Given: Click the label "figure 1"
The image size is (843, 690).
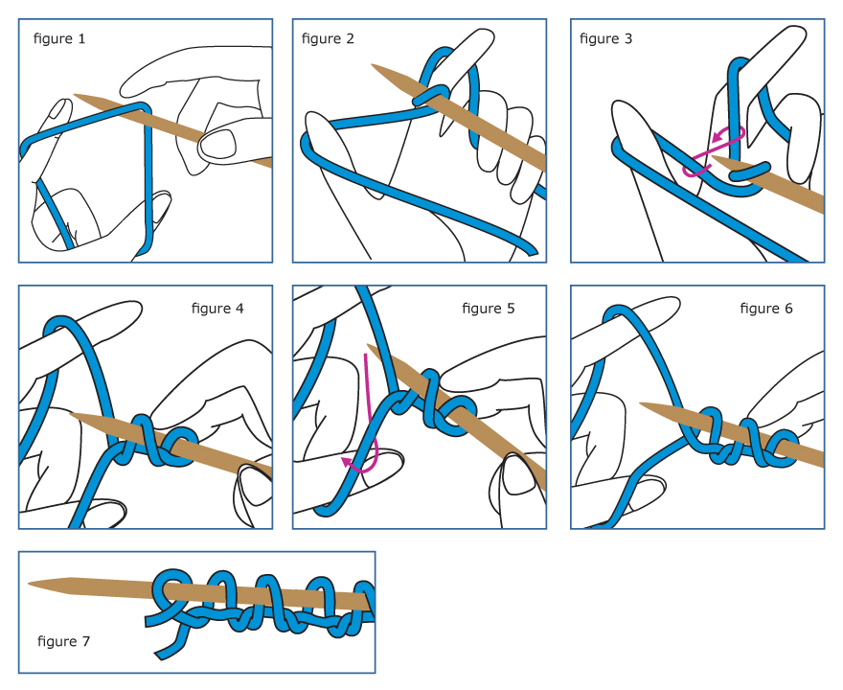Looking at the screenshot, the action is coord(59,38).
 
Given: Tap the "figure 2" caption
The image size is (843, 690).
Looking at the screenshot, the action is coord(328,38).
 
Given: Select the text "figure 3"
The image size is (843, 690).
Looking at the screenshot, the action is coord(605,38).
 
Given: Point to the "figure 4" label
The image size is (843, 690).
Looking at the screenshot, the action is coord(217,309).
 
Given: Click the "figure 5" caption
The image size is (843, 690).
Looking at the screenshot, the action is coord(489,309).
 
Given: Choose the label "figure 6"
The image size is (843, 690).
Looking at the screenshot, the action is coord(766,309).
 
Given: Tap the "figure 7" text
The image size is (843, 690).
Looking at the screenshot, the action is coord(63,641).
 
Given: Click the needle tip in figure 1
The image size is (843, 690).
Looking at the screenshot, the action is coord(75,95).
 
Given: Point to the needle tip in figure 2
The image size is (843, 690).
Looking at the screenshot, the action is coord(372,65).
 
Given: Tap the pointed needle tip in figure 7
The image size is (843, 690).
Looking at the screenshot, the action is coord(29,584).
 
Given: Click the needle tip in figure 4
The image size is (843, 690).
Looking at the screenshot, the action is coord(71,414).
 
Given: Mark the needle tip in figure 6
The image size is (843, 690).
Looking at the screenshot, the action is coord(640,403).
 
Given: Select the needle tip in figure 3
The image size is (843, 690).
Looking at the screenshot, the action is coord(713,158).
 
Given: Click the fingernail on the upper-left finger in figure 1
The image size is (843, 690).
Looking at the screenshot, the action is coord(59,111).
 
